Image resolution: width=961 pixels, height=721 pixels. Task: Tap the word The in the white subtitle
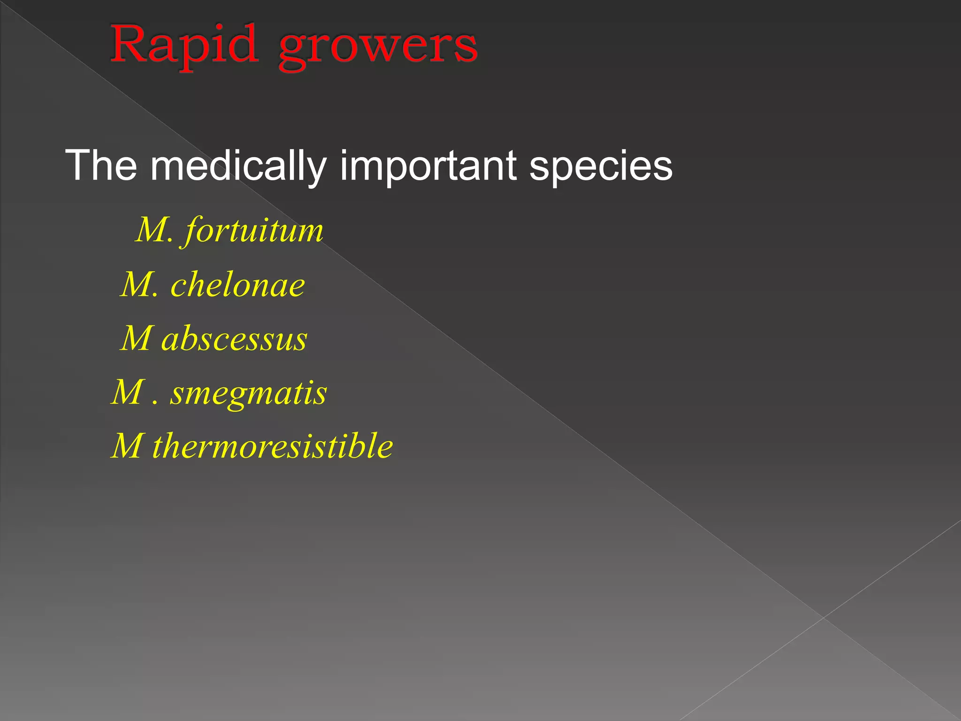click(101, 165)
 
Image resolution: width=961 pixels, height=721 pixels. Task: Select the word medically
click(238, 166)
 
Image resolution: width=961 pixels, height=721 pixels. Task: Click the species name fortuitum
click(254, 231)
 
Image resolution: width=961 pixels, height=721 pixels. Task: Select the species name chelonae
click(237, 285)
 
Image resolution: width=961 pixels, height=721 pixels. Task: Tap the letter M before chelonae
click(137, 284)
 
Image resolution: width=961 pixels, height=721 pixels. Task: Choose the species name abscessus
click(234, 338)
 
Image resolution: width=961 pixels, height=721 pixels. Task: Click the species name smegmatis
click(248, 393)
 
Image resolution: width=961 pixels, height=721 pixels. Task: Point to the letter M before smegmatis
click(128, 392)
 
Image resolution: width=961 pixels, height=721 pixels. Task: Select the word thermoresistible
click(273, 445)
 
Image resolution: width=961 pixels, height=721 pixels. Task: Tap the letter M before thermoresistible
click(128, 445)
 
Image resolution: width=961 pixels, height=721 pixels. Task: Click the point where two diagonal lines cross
click(824, 618)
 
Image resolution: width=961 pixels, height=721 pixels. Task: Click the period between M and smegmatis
click(155, 403)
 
